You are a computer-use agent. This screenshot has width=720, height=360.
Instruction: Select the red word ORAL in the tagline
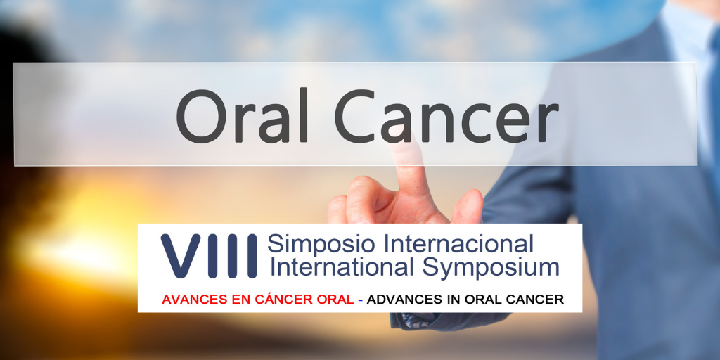point(331,300)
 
